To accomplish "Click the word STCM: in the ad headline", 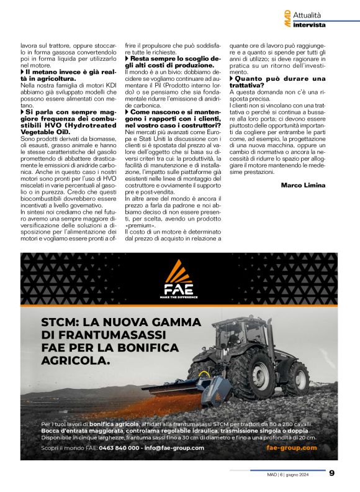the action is click(65, 323).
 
